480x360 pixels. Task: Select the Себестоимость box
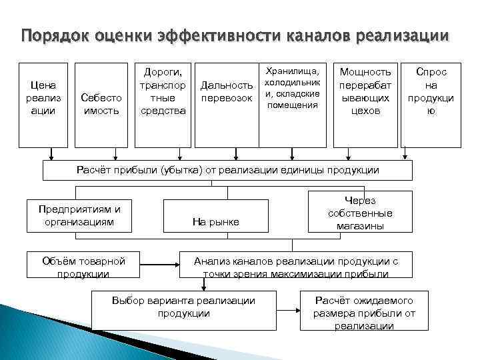click(x=101, y=104)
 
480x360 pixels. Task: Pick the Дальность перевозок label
click(x=227, y=92)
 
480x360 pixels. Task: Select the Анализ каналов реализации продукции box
click(x=296, y=266)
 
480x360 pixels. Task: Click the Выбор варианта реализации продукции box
click(x=184, y=307)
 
